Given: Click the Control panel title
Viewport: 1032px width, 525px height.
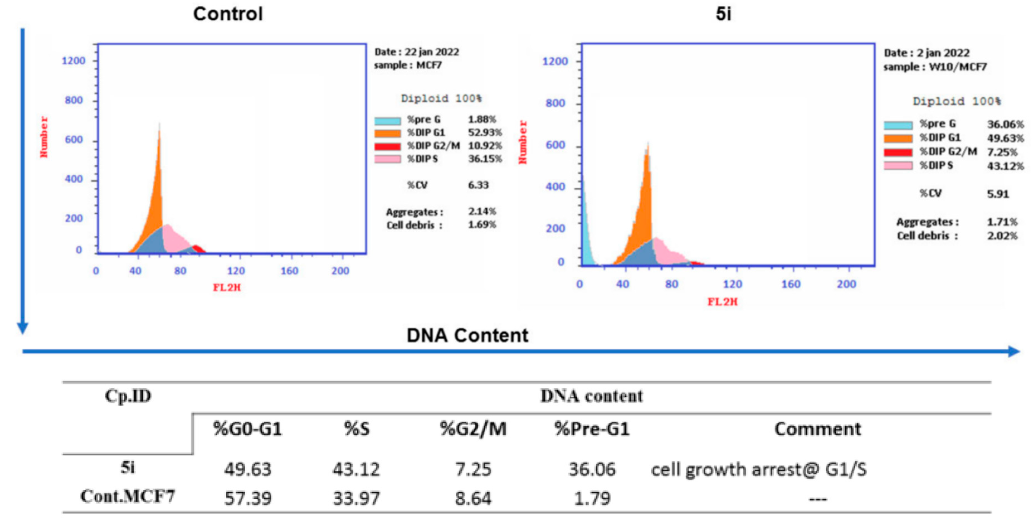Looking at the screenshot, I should click(228, 14).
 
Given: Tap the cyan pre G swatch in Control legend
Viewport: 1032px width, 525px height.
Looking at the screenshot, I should click(387, 121).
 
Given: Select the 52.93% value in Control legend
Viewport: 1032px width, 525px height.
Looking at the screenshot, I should click(485, 133).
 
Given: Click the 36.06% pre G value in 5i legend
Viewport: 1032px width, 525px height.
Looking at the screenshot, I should click(1005, 124).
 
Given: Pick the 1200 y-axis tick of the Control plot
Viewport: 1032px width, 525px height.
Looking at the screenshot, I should click(73, 61).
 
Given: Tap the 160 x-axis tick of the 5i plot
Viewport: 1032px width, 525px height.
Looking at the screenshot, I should click(791, 284).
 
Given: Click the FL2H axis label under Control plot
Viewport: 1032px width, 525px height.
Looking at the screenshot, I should click(227, 288).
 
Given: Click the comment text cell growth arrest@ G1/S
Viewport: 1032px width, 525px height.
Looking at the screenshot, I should click(758, 469).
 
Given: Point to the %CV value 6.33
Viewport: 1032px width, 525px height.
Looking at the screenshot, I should click(478, 185).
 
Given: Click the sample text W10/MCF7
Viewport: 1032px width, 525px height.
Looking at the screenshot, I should click(957, 67).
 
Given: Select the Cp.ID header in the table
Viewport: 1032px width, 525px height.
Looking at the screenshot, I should click(128, 396).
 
